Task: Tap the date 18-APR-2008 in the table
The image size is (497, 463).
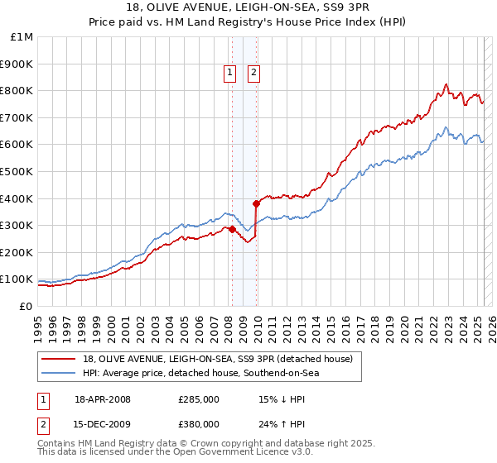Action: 103,399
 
